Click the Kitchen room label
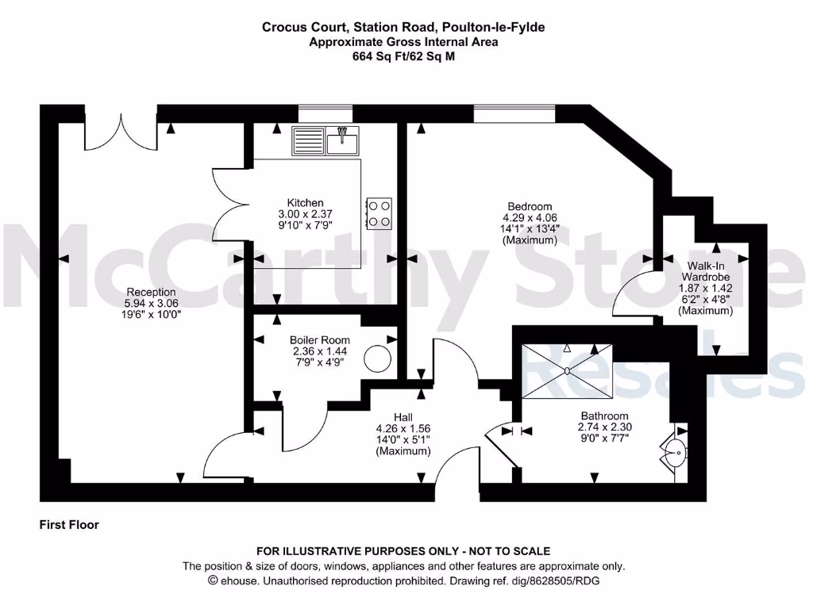coord(305,203)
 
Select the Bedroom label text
coord(531,207)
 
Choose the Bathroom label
coord(604,416)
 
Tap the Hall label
coord(403,416)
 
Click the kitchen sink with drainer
coord(326,141)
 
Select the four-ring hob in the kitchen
coord(380,213)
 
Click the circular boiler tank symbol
coord(378,358)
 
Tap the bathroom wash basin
coord(675,456)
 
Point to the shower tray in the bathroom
coord(567,370)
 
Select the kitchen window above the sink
coord(326,113)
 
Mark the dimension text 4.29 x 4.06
coord(531,217)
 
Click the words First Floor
coord(69,525)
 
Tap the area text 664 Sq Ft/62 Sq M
coord(403,56)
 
